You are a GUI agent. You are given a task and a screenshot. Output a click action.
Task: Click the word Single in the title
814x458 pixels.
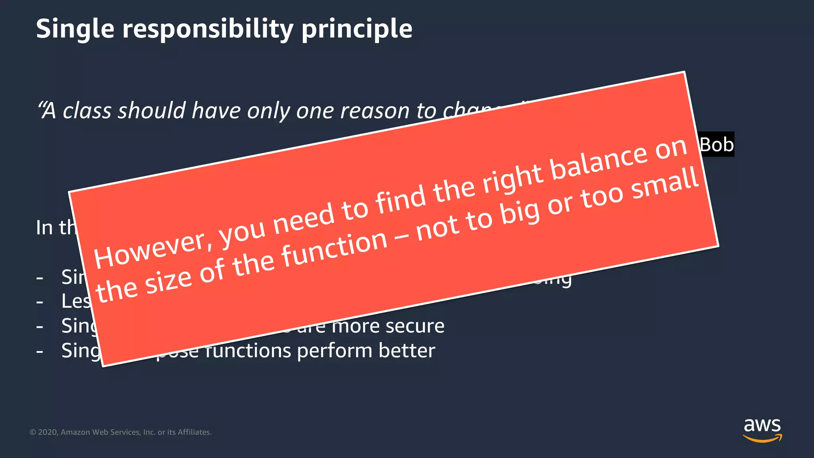(x=75, y=29)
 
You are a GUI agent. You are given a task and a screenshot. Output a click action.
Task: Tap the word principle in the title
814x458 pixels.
(x=357, y=29)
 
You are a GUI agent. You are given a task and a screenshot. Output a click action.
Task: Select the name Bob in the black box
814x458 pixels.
(x=717, y=144)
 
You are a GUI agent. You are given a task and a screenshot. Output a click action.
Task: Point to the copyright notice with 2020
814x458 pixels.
(x=120, y=432)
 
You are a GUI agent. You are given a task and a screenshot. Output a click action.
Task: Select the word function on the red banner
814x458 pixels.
(x=335, y=248)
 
